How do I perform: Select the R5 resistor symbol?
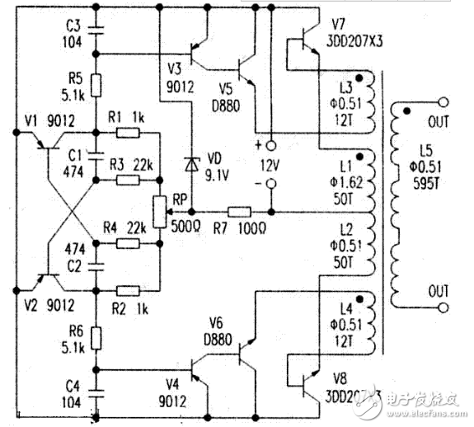[98, 84]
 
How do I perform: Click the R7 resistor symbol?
[239, 211]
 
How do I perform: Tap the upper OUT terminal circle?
[446, 103]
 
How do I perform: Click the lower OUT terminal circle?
[446, 307]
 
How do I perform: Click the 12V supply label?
[270, 164]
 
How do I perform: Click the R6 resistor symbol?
[98, 336]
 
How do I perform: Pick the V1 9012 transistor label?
[49, 122]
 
